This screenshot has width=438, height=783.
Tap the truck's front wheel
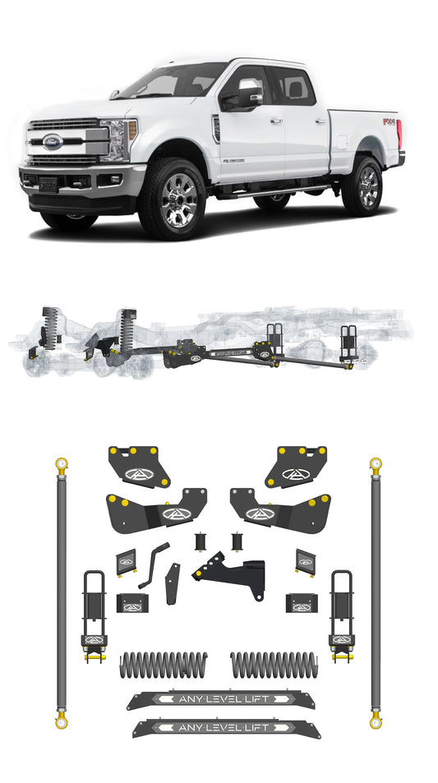coord(172,198)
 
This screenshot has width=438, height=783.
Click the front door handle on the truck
coord(275,121)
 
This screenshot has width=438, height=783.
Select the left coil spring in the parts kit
coord(164,664)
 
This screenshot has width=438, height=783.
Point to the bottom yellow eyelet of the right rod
coord(376,721)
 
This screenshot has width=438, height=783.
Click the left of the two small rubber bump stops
coord(200,543)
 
